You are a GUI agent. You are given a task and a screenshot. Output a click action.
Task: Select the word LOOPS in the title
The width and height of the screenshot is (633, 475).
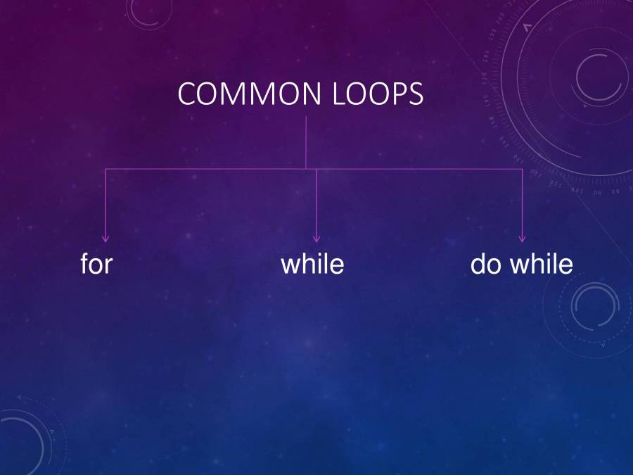pos(377,94)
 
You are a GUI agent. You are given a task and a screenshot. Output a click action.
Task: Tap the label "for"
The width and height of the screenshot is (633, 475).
pos(96,265)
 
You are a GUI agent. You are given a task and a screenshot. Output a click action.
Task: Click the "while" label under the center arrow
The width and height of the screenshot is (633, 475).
pos(312,265)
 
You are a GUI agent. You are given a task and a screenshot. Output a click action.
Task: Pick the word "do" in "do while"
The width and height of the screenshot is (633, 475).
pos(485,265)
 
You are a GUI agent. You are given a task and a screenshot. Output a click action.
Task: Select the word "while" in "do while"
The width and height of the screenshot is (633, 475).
pos(541,265)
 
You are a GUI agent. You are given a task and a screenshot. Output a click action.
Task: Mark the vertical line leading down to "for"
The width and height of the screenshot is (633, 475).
pos(106,204)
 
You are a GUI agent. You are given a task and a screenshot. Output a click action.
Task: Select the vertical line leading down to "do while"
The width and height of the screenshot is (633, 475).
pos(522,204)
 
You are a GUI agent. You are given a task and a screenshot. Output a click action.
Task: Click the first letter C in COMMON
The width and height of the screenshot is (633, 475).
pos(187,94)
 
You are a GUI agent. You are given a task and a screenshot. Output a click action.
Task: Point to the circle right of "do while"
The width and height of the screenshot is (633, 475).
pos(595,308)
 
